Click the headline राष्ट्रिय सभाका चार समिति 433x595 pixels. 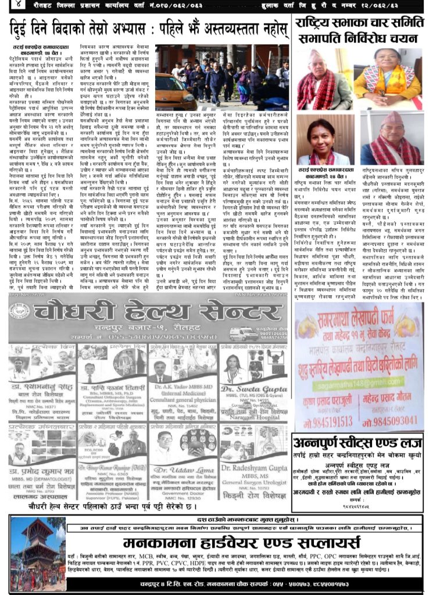[360, 25]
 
